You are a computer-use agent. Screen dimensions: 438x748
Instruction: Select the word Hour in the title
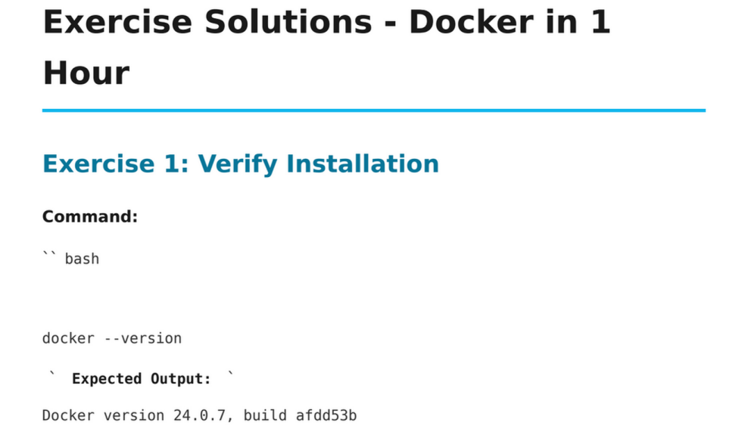tap(86, 73)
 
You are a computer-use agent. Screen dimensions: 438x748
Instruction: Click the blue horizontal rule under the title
tap(373, 110)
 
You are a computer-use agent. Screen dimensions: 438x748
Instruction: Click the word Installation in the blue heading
tap(363, 164)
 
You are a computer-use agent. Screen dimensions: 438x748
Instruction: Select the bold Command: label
tap(89, 217)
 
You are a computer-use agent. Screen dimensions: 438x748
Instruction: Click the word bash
tap(82, 259)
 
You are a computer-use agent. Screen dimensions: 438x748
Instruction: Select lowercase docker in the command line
tap(68, 338)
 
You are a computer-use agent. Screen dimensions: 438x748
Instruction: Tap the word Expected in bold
tap(107, 379)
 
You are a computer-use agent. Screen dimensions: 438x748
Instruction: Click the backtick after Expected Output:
tap(230, 375)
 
